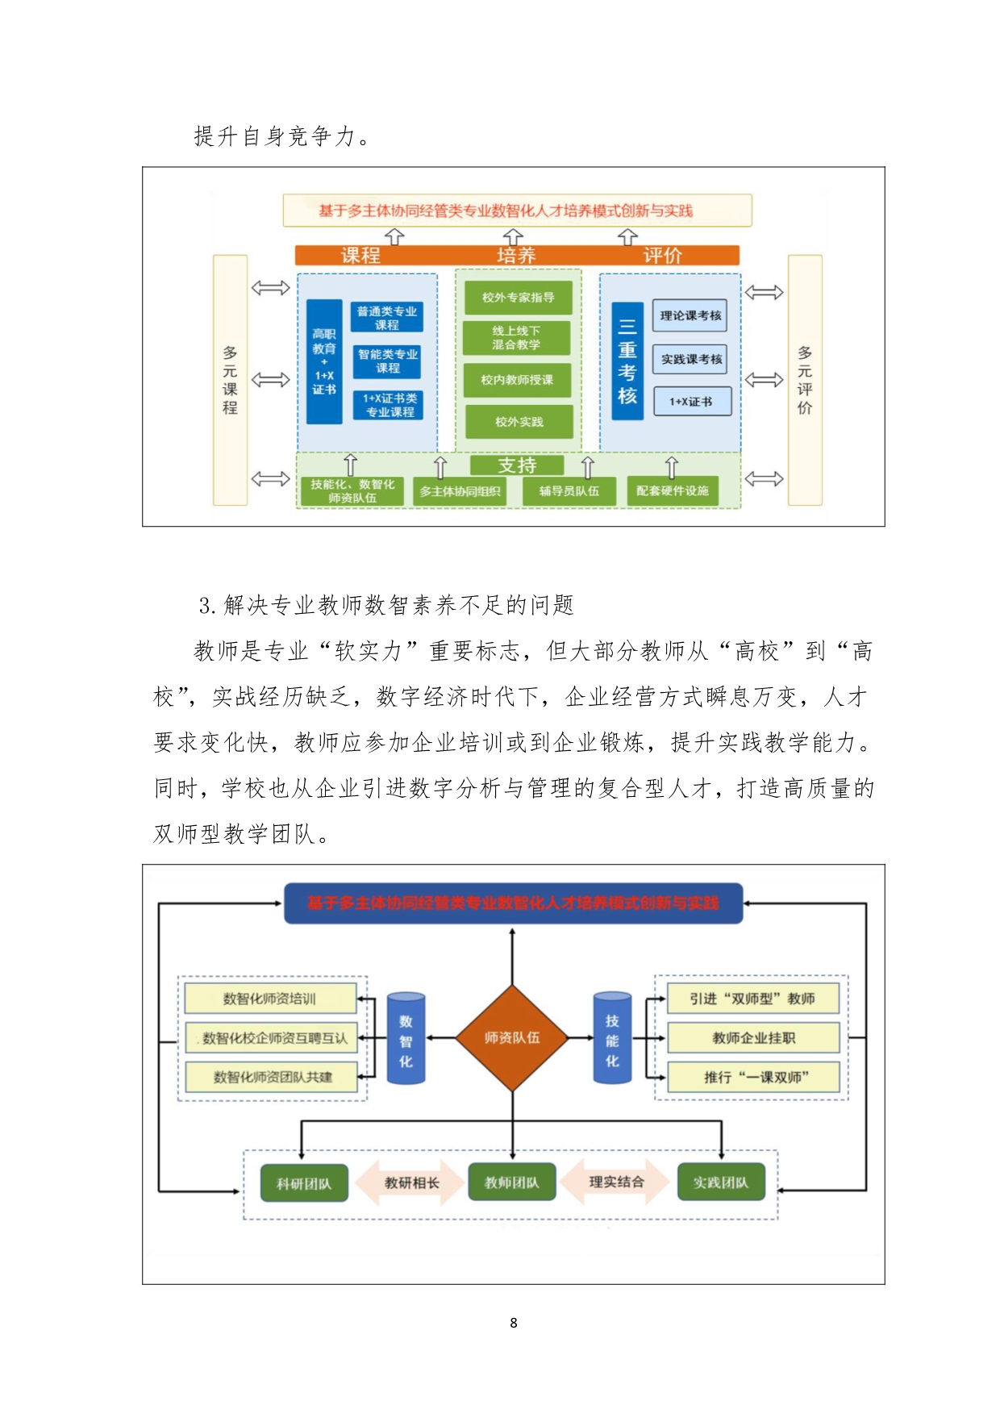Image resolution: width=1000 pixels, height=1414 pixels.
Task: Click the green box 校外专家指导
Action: [518, 297]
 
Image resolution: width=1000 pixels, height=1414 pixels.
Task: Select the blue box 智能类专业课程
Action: [387, 361]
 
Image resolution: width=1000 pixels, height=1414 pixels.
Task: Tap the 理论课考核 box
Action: [690, 315]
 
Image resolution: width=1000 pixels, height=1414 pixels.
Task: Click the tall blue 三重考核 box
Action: [627, 361]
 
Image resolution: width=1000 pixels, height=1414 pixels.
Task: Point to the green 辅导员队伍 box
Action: [569, 490]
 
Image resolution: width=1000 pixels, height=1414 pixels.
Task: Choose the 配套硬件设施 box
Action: [672, 490]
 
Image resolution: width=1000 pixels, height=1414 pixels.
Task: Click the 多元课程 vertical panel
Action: [230, 380]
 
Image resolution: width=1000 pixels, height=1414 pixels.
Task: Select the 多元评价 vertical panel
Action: [804, 380]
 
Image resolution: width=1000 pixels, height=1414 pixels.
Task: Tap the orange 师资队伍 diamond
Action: [512, 1037]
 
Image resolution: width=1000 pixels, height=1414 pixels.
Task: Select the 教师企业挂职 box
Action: [753, 1038]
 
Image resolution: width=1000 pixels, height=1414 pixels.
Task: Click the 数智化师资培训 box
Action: [270, 999]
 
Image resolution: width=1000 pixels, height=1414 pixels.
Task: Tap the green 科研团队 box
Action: [304, 1183]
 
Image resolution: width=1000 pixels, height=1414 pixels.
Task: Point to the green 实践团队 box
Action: [720, 1183]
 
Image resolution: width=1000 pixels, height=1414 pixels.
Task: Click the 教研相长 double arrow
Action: [411, 1183]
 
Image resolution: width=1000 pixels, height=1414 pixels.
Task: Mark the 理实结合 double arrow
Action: [616, 1182]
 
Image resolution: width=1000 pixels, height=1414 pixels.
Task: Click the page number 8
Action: [514, 1323]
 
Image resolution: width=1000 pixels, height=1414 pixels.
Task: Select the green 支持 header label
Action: [517, 465]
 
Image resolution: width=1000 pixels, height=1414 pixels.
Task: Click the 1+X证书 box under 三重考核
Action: [691, 402]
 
